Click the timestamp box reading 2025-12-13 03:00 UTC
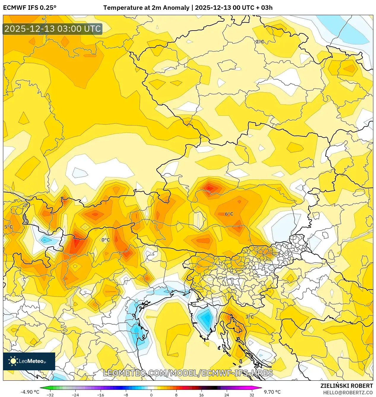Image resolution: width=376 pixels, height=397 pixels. pos(53,29)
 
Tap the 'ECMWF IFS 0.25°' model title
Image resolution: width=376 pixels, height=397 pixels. pos(30,8)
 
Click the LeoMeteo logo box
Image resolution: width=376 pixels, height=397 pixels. pos(29,361)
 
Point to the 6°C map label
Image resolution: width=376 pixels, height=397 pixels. pos(229,214)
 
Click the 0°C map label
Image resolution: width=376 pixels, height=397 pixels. pos(106,240)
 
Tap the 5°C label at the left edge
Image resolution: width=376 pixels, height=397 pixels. pos(8,227)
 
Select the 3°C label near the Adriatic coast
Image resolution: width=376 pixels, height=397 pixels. pos(250,317)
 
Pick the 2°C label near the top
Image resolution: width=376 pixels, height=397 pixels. pos(260,42)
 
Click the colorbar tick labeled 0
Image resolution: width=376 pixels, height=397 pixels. pos(151,395)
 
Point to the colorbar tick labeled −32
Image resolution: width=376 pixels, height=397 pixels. pos(50,395)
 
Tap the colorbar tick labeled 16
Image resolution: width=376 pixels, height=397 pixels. pos(202,395)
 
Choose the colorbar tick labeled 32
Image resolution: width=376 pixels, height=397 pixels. pos(252,395)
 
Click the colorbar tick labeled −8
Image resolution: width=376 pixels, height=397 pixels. pos(126,395)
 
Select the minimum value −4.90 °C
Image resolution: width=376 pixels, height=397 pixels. pos(30,392)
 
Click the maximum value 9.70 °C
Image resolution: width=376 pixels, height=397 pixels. pos(272,392)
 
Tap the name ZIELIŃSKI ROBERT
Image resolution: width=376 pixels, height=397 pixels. pos(346,386)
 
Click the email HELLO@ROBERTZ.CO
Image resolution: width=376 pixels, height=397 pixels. pos(348,393)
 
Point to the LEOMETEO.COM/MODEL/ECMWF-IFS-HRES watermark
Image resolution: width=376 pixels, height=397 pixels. pos(188,373)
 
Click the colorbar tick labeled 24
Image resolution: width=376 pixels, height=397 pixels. pos(227,395)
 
